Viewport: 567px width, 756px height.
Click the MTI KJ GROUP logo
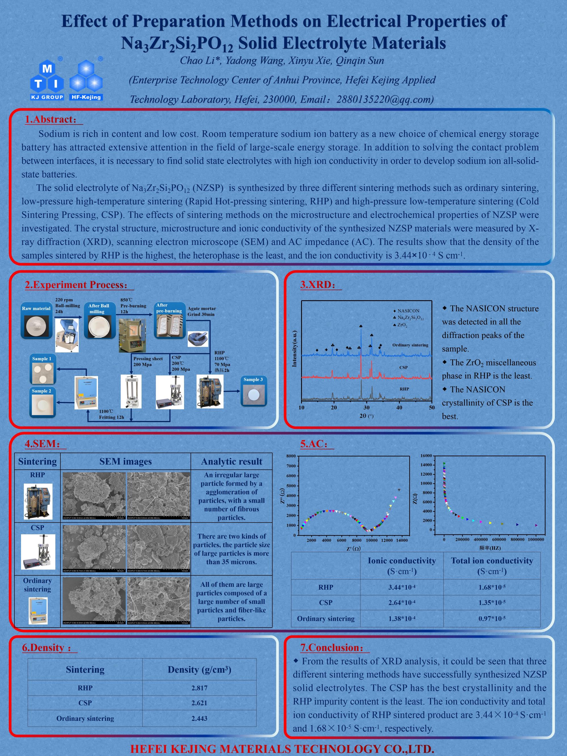coord(47,81)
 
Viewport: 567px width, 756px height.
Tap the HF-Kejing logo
coord(86,81)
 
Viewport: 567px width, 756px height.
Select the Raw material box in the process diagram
coord(36,321)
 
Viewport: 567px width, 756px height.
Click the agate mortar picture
coord(198,338)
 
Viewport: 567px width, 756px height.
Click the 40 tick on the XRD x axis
coord(399,407)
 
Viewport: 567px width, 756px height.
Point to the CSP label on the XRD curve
coord(403,367)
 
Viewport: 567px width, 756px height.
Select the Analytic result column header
coord(231,461)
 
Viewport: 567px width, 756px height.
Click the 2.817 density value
coord(199,688)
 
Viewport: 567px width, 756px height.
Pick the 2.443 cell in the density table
coord(199,718)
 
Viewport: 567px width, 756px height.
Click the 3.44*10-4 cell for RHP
coord(402,587)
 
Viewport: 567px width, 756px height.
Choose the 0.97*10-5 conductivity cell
coord(492,618)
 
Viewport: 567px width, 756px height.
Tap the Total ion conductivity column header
coord(492,566)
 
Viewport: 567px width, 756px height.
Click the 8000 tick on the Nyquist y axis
coord(291,456)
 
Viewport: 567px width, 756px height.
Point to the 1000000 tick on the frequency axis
coord(536,539)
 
